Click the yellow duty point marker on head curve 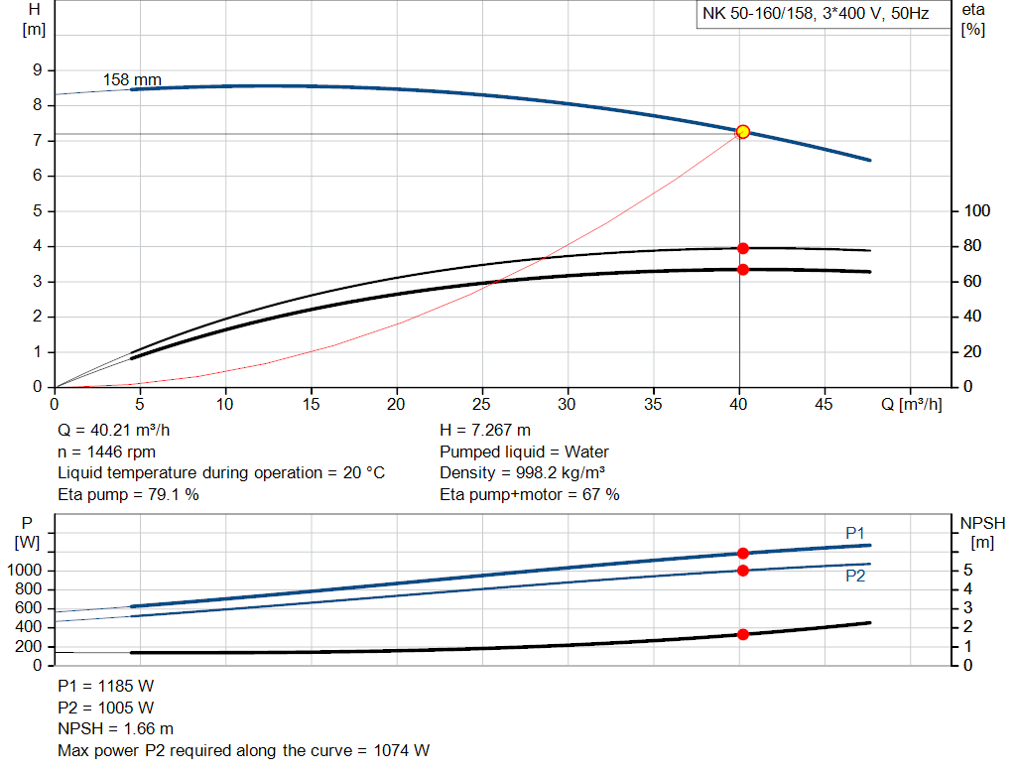pyautogui.click(x=742, y=132)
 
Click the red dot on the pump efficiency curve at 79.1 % pyautogui.click(x=742, y=248)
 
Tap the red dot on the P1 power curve pyautogui.click(x=742, y=553)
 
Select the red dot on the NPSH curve pyautogui.click(x=742, y=634)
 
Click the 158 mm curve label pyautogui.click(x=132, y=79)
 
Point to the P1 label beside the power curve pyautogui.click(x=855, y=534)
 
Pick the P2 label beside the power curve pyautogui.click(x=855, y=576)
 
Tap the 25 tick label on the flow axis pyautogui.click(x=482, y=406)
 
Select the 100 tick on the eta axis pyautogui.click(x=977, y=211)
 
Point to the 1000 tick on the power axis pyautogui.click(x=28, y=571)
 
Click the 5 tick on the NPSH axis pyautogui.click(x=967, y=571)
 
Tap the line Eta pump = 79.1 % pyautogui.click(x=128, y=494)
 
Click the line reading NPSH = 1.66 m pyautogui.click(x=115, y=729)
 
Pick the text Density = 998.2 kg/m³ pyautogui.click(x=523, y=473)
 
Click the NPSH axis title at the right pyautogui.click(x=982, y=532)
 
